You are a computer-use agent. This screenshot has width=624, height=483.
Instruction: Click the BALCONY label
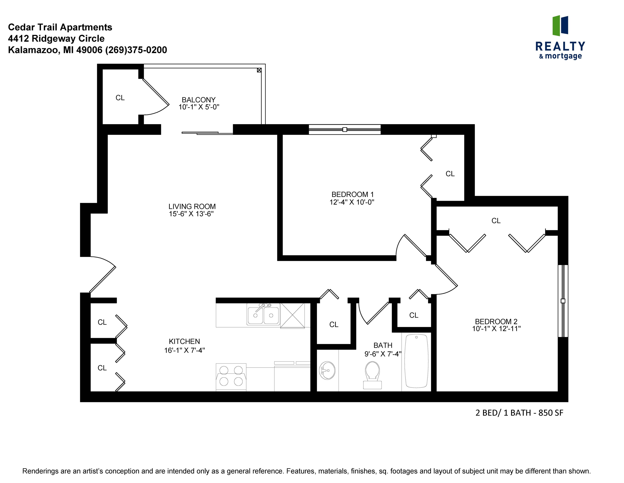click(x=199, y=100)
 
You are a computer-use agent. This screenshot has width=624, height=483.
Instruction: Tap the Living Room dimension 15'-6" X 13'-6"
click(x=191, y=214)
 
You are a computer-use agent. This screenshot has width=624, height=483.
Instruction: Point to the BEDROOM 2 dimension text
click(x=496, y=329)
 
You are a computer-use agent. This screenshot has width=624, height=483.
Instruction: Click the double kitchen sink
click(x=263, y=315)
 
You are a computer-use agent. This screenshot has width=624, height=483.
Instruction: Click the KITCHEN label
click(x=184, y=341)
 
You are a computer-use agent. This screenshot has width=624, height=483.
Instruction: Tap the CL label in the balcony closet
click(x=120, y=98)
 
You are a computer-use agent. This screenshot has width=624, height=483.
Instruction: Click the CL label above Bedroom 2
click(x=496, y=221)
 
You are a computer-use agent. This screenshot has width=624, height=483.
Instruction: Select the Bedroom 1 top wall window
click(x=345, y=129)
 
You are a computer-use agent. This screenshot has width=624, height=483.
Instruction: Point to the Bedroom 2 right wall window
click(x=563, y=301)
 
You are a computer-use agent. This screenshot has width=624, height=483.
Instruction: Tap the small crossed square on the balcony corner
click(x=259, y=70)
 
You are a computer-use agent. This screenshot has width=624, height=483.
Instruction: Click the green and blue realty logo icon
click(x=560, y=26)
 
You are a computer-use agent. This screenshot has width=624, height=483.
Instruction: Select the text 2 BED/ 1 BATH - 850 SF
click(x=519, y=413)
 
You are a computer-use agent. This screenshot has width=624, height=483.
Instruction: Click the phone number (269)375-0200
click(x=136, y=50)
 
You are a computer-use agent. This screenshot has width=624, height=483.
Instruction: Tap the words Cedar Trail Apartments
click(x=60, y=27)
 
